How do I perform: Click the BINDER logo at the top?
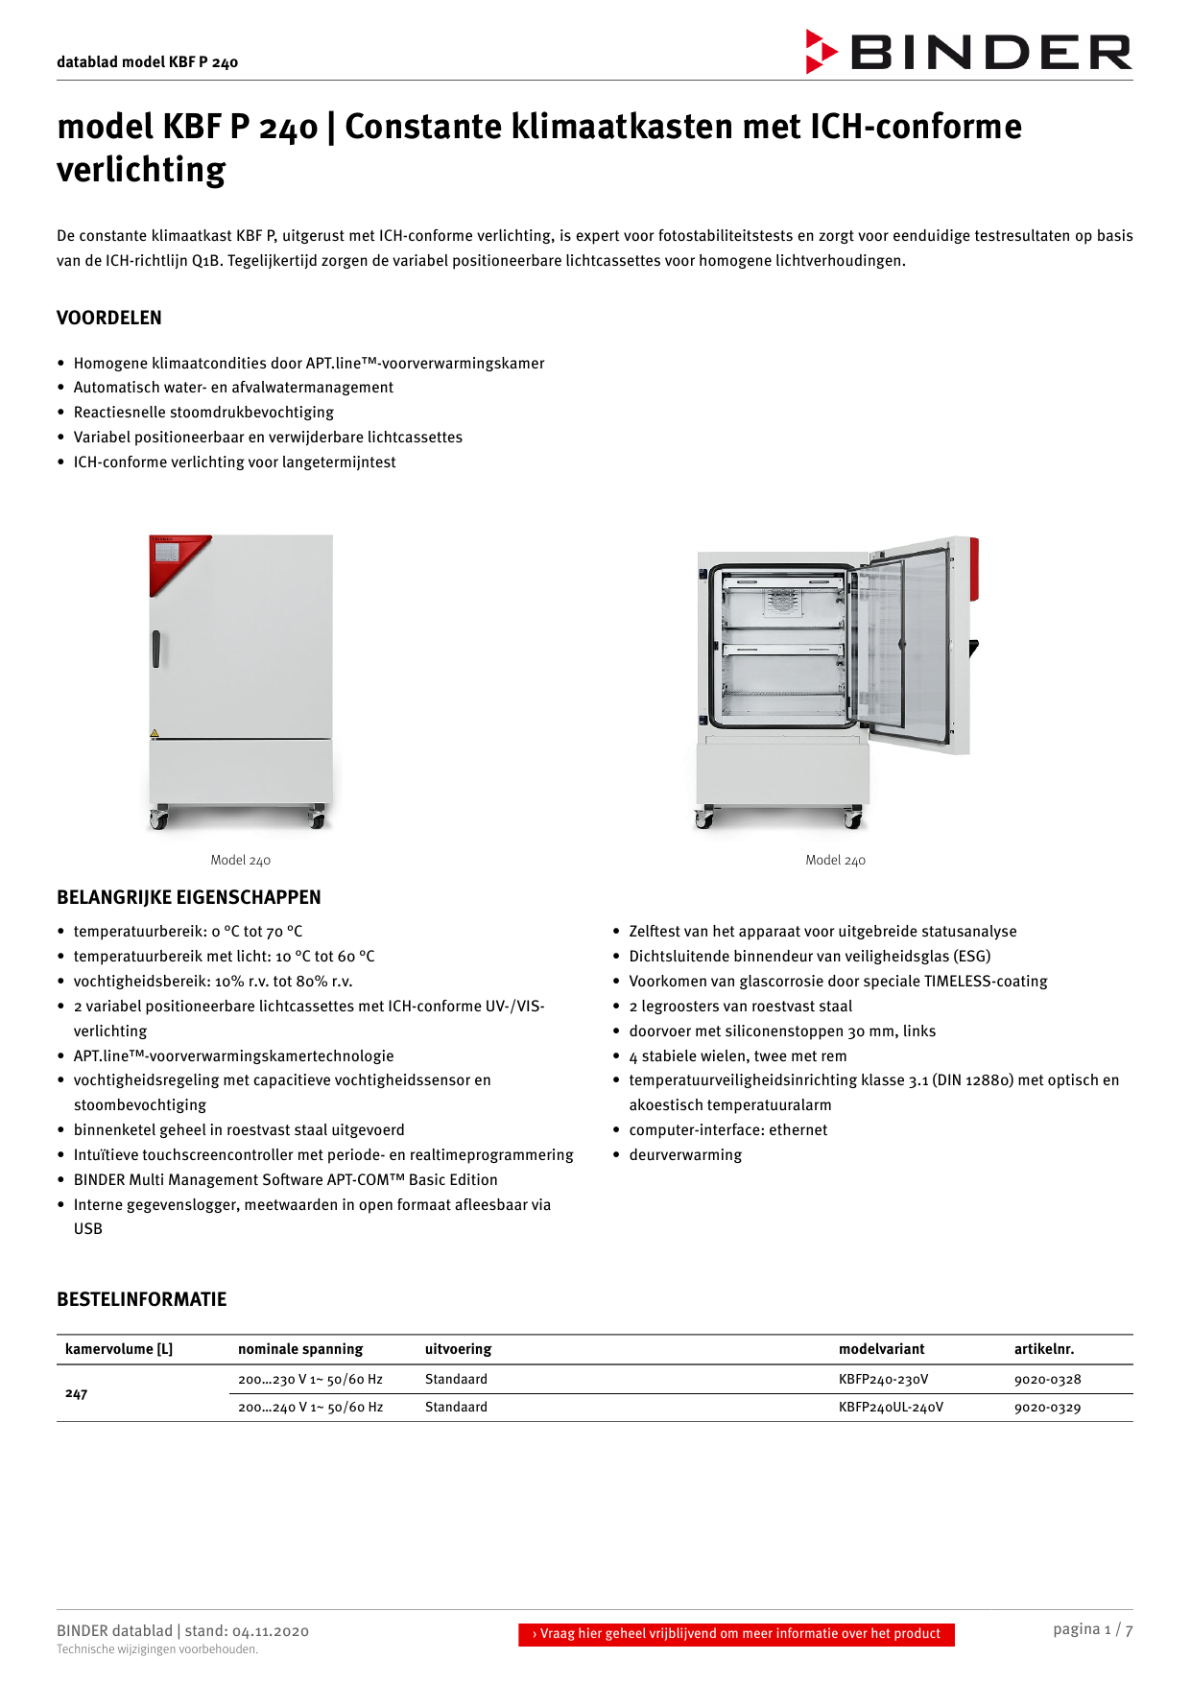click(x=969, y=52)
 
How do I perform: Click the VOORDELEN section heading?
click(x=109, y=318)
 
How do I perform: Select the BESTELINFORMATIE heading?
click(x=142, y=1299)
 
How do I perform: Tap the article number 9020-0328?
click(x=1047, y=1380)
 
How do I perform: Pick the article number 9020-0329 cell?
click(x=1047, y=1408)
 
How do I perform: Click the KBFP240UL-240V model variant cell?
click(x=891, y=1408)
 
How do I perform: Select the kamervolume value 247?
click(x=77, y=1393)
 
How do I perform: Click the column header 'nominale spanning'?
click(x=300, y=1349)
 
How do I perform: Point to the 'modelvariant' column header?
click(x=881, y=1349)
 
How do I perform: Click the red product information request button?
click(x=736, y=1634)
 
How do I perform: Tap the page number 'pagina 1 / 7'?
click(x=1092, y=1629)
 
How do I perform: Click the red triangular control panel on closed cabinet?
click(x=174, y=560)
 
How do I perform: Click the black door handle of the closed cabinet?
click(x=155, y=649)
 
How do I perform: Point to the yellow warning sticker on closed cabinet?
click(x=154, y=734)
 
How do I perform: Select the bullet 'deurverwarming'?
click(x=685, y=1155)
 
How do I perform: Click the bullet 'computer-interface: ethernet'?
click(x=727, y=1130)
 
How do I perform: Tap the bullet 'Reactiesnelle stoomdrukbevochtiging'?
click(x=203, y=413)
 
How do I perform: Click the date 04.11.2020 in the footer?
click(x=271, y=1631)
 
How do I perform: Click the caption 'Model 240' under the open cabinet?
click(x=835, y=861)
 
